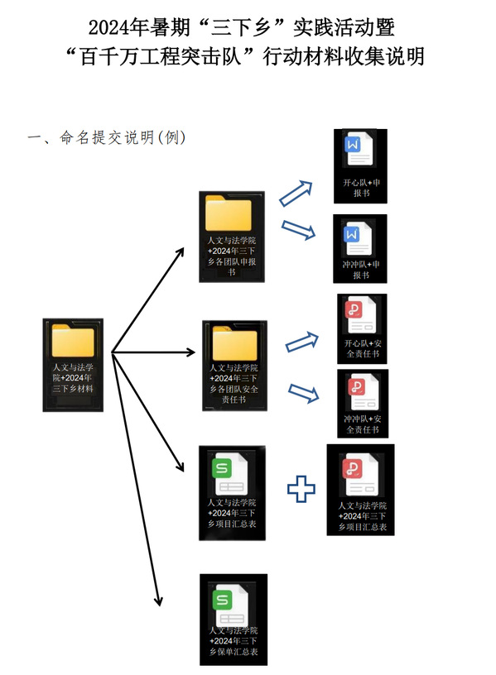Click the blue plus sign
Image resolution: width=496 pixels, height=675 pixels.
(301, 489)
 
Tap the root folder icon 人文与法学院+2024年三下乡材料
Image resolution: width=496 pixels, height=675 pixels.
(73, 341)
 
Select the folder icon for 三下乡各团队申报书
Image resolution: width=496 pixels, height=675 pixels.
(229, 213)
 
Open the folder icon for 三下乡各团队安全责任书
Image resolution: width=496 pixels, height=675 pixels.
(235, 343)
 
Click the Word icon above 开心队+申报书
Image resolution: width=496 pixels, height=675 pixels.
(359, 149)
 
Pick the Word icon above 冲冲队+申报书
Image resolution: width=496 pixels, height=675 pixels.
(358, 239)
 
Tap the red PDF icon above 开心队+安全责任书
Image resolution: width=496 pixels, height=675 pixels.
(360, 314)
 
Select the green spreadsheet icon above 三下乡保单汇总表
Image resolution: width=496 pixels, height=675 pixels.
(230, 605)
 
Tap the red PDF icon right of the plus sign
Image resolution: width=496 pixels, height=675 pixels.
(360, 475)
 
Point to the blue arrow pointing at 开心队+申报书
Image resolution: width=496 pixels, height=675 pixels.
(296, 194)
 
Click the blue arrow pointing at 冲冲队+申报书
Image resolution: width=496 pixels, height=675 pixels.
(298, 230)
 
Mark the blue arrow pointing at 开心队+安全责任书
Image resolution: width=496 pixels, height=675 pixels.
(302, 342)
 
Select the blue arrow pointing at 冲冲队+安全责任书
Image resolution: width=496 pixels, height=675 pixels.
(304, 393)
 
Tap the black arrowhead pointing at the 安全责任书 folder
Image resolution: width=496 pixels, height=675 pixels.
(190, 352)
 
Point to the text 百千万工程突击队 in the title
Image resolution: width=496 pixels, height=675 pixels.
(161, 57)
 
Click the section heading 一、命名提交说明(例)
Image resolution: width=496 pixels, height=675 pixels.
(107, 137)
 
